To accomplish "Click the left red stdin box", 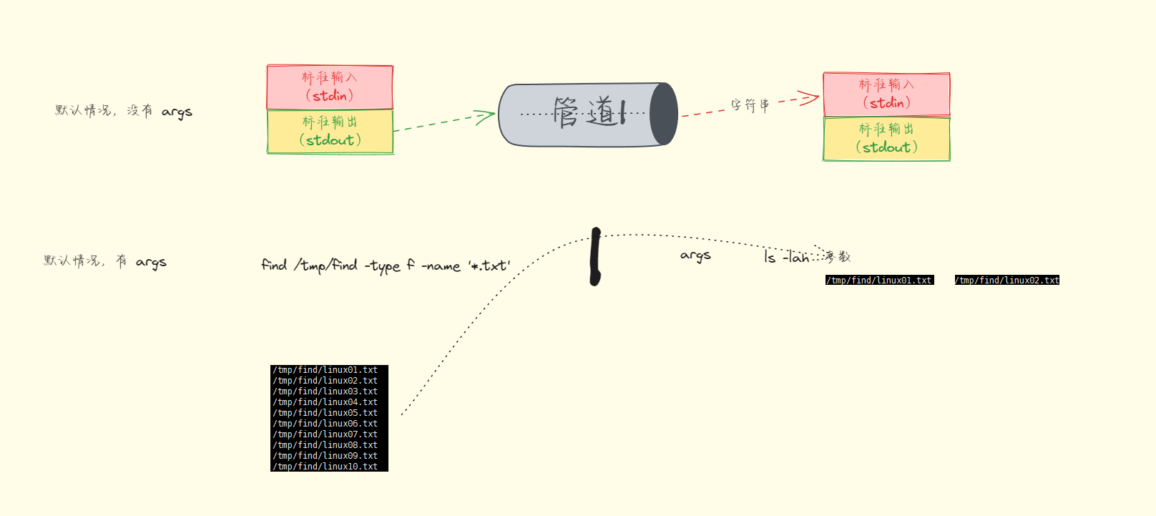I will pos(330,87).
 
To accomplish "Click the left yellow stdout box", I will pos(330,132).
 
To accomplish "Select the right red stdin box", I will pos(886,94).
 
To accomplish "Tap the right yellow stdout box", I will pos(886,139).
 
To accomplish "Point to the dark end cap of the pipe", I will pos(664,115).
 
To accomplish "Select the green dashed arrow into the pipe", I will pos(444,122).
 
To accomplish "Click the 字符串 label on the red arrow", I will pos(750,105).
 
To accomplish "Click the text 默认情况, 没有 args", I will pos(124,111).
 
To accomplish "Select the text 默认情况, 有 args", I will pos(105,261).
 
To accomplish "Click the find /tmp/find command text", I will pos(386,266).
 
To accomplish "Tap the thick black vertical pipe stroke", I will pos(595,256).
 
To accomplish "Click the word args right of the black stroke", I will pos(695,255).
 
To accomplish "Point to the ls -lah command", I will pos(785,257).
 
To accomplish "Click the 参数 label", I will pos(838,256).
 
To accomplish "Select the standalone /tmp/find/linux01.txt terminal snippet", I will pos(879,280).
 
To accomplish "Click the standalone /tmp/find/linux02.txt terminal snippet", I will pos(1006,280).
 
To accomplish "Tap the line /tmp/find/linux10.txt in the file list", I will pos(325,467).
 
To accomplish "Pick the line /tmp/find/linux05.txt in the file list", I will pos(325,413).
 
